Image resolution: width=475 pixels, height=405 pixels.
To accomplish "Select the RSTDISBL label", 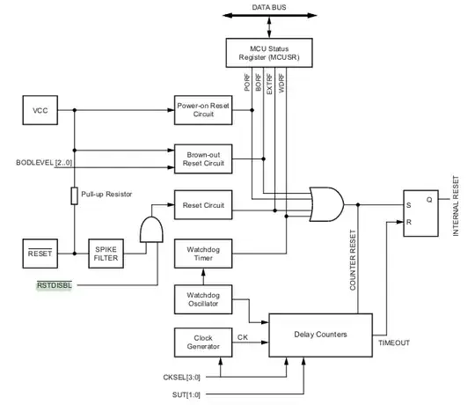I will coord(55,285).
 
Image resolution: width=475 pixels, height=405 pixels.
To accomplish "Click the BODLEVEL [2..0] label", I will coord(44,162).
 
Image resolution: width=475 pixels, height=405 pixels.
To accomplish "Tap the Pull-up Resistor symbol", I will coord(76,195).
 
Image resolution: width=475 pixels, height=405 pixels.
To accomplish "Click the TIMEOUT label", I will coord(393,342).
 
